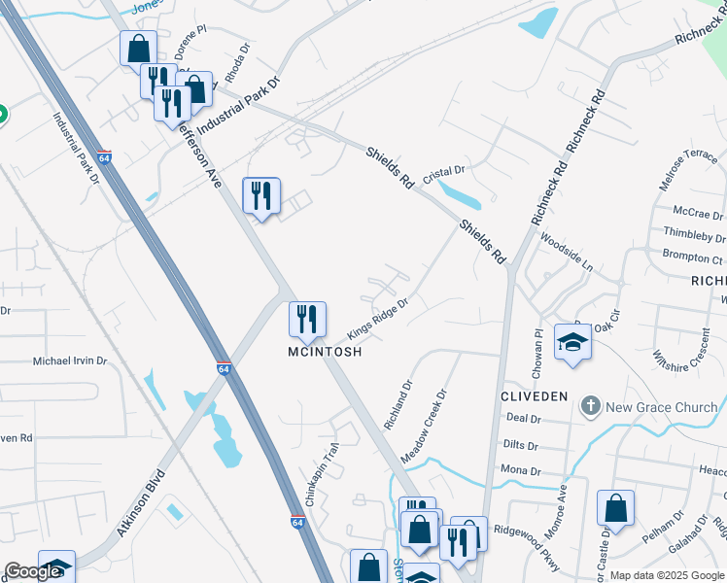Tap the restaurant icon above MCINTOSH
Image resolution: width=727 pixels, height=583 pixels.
click(307, 320)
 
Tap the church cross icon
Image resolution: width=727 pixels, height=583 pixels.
click(590, 406)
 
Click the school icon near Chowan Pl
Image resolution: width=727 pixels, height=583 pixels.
click(572, 343)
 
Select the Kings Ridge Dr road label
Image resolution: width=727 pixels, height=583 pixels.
click(376, 314)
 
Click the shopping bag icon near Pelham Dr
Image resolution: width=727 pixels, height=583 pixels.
click(615, 508)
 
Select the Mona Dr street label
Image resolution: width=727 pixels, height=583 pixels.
click(522, 470)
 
